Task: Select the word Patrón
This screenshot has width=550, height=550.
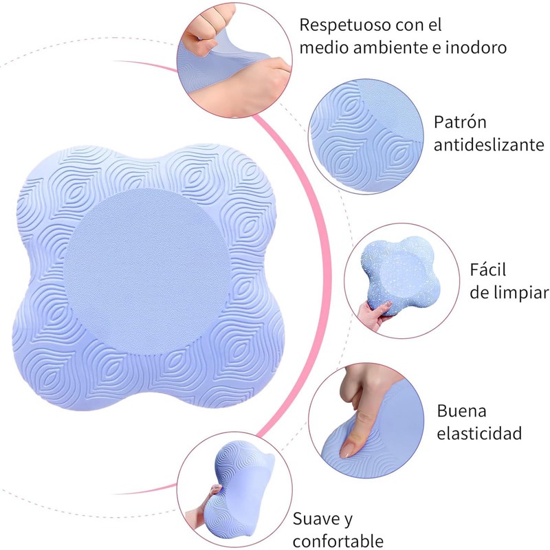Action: [x=460, y=122]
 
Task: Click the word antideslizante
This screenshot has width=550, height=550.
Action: [x=489, y=145]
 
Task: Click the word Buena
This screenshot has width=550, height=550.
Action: [x=461, y=411]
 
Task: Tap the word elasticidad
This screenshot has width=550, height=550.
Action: [x=479, y=434]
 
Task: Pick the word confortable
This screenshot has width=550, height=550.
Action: [x=338, y=540]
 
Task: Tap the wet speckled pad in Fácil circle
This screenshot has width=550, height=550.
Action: [x=399, y=275]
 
